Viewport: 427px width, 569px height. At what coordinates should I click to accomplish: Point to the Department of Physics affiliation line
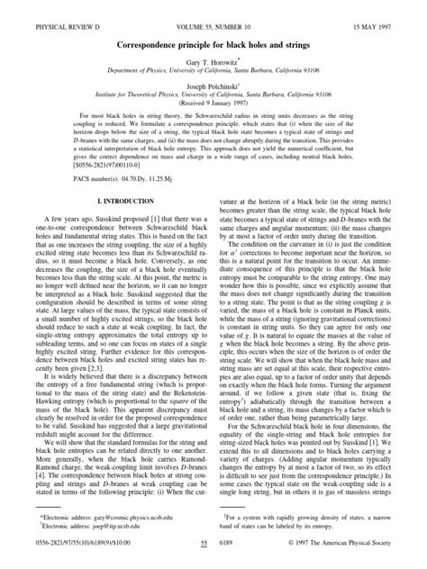213,60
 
